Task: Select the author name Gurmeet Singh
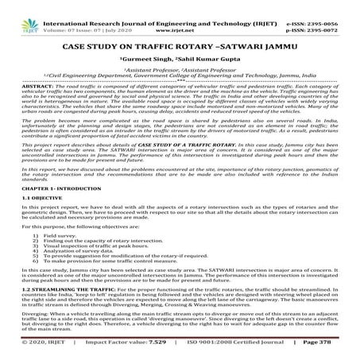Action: click(145, 46)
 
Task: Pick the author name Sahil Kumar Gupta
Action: click(213, 46)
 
